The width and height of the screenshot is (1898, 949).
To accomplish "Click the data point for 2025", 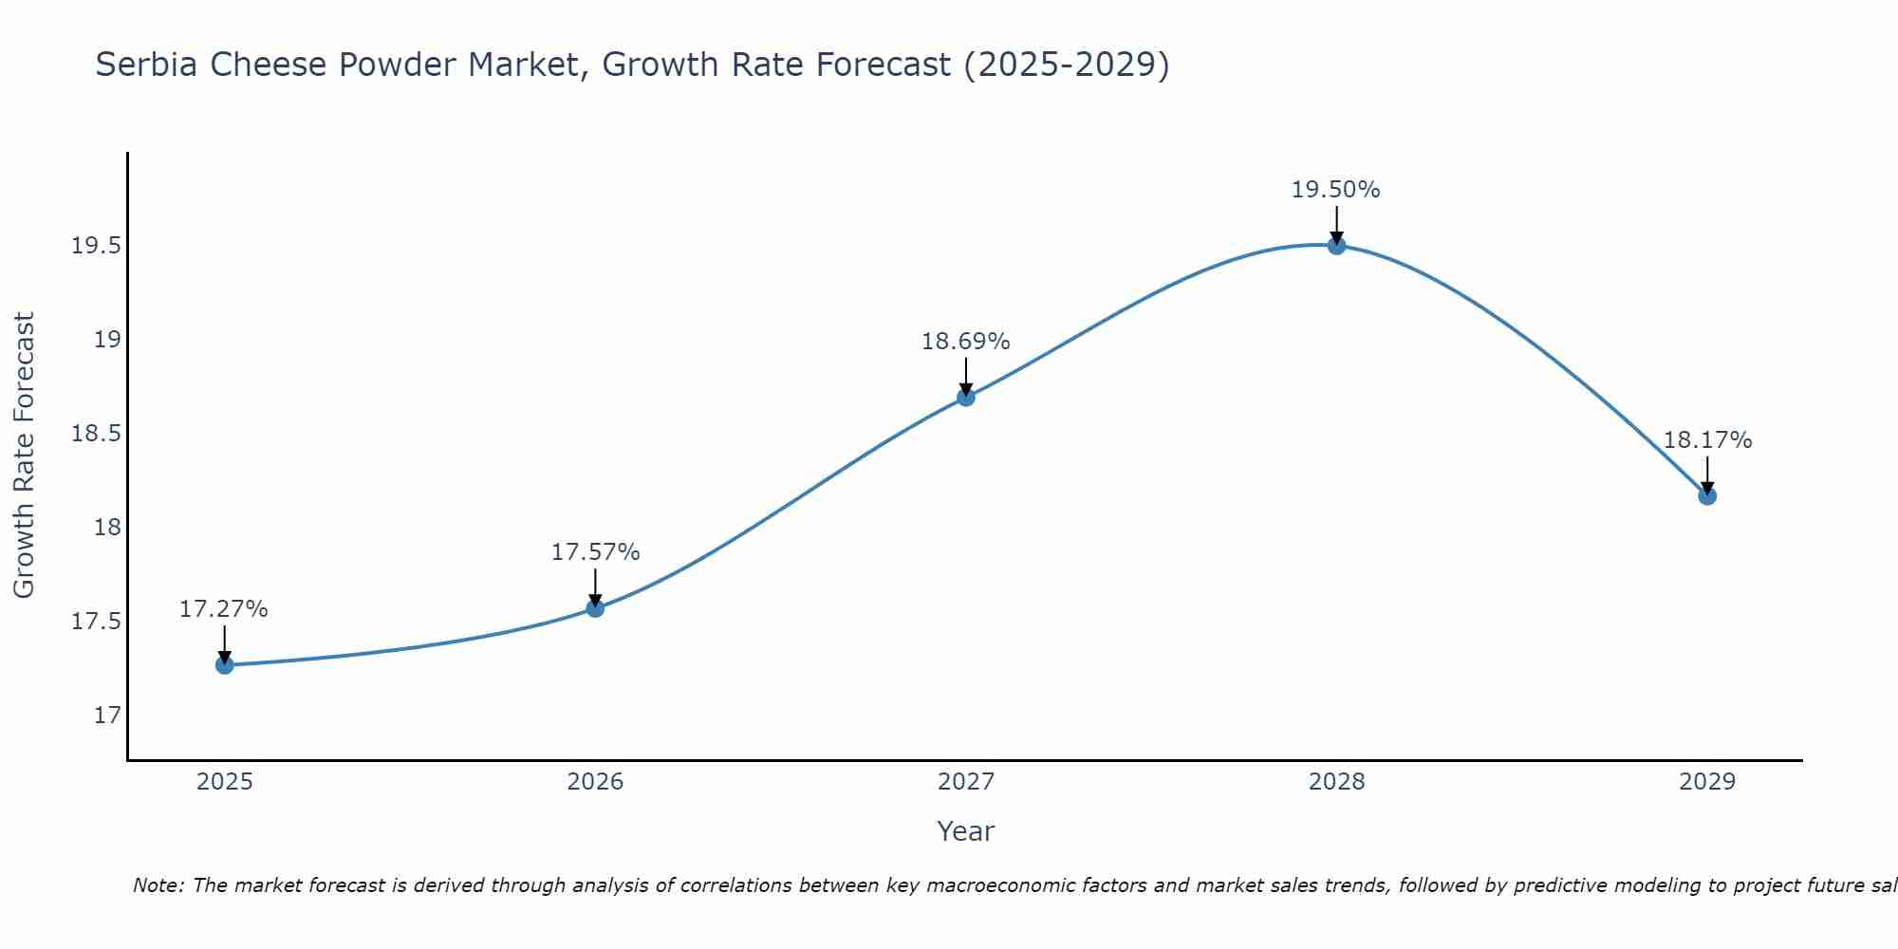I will [225, 665].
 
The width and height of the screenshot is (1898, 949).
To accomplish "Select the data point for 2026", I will [595, 608].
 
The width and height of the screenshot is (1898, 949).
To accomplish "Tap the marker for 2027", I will [966, 398].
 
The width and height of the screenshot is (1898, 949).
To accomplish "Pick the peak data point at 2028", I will [1336, 246].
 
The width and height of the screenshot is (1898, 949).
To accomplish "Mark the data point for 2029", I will [1707, 495].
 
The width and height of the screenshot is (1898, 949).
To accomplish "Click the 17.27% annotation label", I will [224, 609].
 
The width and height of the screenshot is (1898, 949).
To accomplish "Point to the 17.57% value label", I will [595, 552].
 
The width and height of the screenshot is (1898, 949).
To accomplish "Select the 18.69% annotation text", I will [965, 342].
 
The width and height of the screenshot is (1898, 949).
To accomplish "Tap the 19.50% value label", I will [1335, 190].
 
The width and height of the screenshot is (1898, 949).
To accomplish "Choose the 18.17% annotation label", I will [1707, 440].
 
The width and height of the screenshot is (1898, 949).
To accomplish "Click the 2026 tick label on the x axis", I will [595, 782].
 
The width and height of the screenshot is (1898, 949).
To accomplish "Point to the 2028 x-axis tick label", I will [1336, 782].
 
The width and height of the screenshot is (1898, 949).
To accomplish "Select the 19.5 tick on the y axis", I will [97, 247].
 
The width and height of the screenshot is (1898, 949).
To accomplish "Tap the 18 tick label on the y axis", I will [107, 528].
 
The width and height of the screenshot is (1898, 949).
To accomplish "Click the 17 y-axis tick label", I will [107, 715].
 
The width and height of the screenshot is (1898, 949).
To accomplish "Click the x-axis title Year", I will [965, 831].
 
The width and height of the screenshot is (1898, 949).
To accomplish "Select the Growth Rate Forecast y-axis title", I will [24, 455].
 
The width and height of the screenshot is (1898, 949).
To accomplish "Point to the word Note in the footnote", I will [158, 885].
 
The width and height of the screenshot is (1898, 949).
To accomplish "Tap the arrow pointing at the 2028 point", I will [1336, 223].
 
